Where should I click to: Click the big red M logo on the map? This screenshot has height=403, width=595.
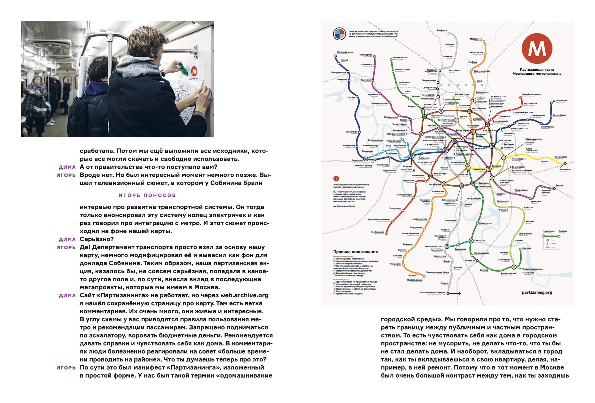(537, 48)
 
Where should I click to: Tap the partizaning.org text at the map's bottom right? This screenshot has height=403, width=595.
(537, 293)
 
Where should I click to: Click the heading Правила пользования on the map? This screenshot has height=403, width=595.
(355, 252)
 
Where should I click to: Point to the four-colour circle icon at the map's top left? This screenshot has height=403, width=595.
(340, 34)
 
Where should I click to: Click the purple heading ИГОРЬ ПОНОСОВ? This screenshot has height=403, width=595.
(147, 195)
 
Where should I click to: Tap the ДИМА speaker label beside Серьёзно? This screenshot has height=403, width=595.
(67, 239)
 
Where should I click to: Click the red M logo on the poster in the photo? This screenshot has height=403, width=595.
(194, 71)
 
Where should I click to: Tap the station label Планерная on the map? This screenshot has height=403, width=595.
(366, 55)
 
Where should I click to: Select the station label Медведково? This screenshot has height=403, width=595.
(476, 39)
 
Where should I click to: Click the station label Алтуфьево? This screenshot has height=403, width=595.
(442, 30)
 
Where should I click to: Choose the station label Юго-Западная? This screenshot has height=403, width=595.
(377, 232)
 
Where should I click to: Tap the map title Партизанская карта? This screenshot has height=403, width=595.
(537, 70)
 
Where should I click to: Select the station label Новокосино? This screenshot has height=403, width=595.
(565, 169)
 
